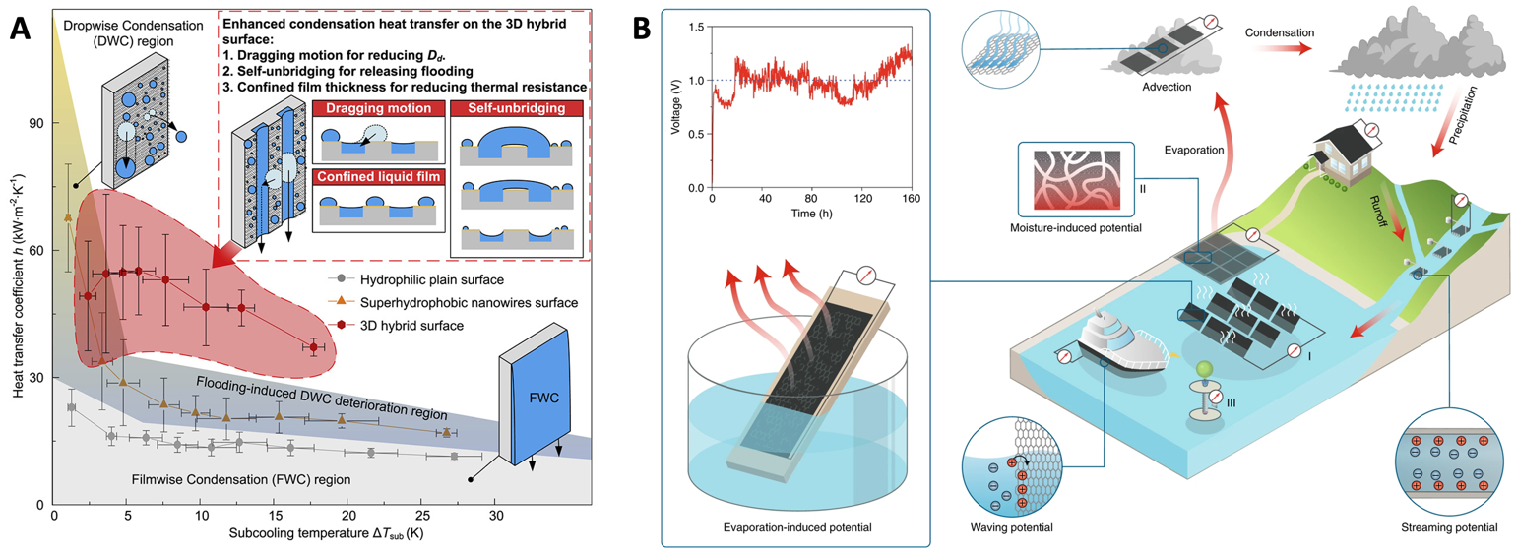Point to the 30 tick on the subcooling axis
pyautogui.click(x=495, y=515)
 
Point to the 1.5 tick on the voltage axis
pyautogui.click(x=698, y=29)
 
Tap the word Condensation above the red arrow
pyautogui.click(x=1279, y=32)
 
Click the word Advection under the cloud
pyautogui.click(x=1168, y=87)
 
